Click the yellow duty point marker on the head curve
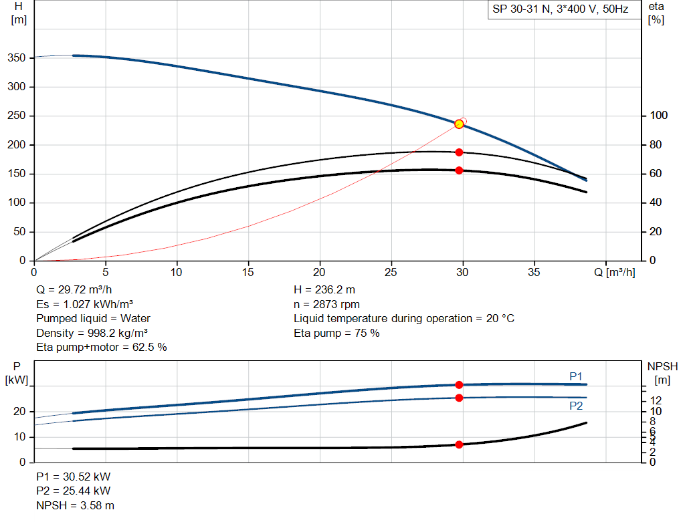[459, 124]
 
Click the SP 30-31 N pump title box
[560, 9]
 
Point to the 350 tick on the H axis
[16, 57]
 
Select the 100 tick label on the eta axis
[658, 115]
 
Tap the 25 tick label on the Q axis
[391, 272]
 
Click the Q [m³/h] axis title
[615, 272]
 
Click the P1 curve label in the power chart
[576, 376]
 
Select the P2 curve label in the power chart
[576, 406]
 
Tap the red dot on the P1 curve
[459, 384]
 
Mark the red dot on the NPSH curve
[459, 444]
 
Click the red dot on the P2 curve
[459, 398]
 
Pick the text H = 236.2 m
[324, 290]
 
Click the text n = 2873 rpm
[326, 304]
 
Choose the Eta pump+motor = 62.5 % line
[102, 347]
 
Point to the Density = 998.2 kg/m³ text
[92, 333]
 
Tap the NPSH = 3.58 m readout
[75, 505]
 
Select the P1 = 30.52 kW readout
[74, 477]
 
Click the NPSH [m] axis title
[662, 373]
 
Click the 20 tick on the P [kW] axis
[19, 411]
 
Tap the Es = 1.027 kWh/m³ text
[84, 304]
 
